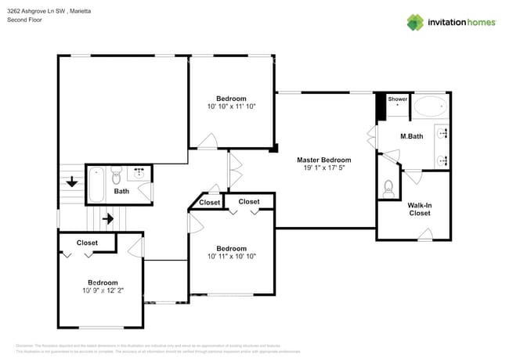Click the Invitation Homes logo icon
click(414, 22)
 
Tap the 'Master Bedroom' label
click(323, 160)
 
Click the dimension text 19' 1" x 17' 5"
click(323, 167)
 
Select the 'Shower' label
click(398, 99)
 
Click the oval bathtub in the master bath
click(430, 107)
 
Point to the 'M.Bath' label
click(412, 137)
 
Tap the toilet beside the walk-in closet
click(388, 188)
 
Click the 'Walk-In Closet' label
click(419, 209)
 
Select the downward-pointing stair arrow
click(71, 182)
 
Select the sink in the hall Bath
click(140, 173)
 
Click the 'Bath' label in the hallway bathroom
click(121, 191)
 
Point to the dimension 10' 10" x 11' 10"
click(231, 106)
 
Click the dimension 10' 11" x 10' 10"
click(231, 256)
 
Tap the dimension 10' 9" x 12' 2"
click(103, 290)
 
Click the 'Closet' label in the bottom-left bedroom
click(87, 243)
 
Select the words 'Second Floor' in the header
click(23, 20)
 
